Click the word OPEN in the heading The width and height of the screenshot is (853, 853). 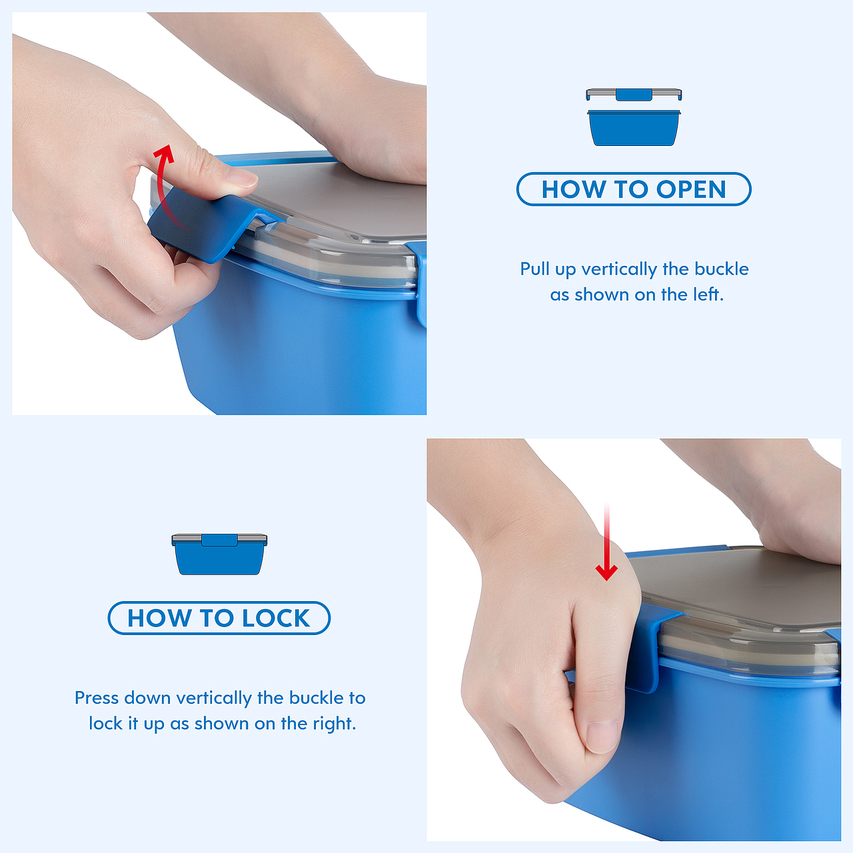point(691,189)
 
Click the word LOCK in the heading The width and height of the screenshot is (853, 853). point(276,618)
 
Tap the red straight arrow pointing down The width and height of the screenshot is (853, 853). point(606,542)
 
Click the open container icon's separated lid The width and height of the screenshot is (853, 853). point(634,94)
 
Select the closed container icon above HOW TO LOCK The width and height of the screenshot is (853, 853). point(219,554)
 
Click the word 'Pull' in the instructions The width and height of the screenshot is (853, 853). point(534,269)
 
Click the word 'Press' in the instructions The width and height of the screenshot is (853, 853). point(98,698)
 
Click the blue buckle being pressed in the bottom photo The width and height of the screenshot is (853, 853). point(650,647)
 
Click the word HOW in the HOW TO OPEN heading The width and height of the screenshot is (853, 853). point(574,189)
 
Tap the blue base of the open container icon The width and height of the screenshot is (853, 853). point(634,128)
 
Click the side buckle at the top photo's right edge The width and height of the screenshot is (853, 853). point(421,283)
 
